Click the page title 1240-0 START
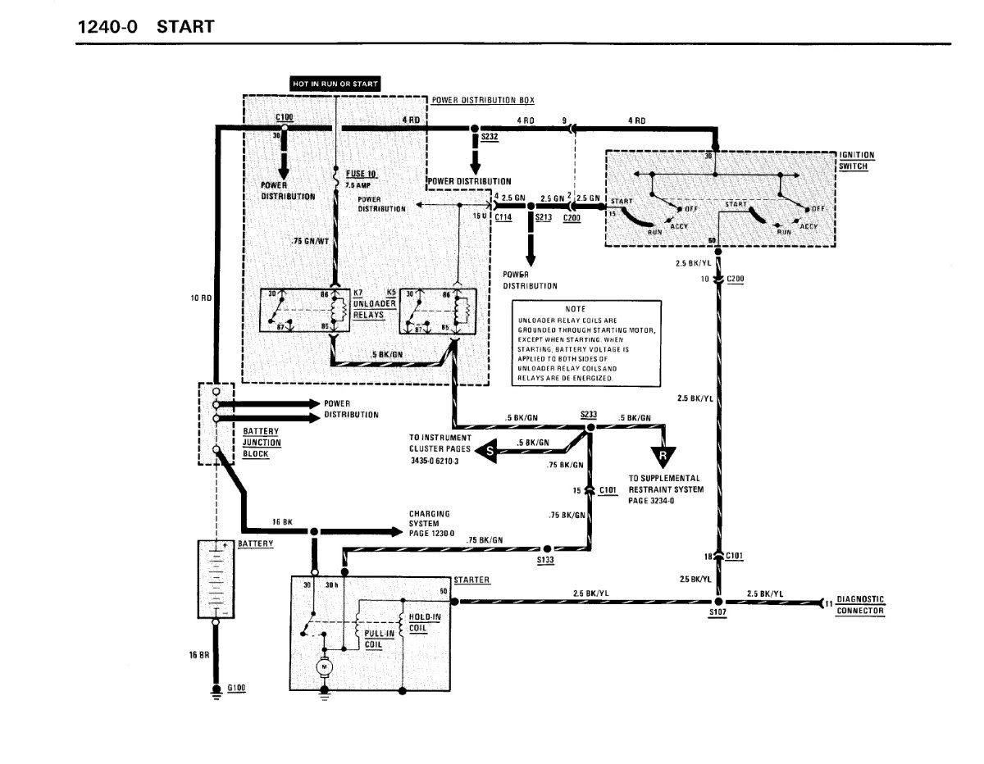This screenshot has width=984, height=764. tap(145, 26)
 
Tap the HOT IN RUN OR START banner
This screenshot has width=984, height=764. tap(335, 84)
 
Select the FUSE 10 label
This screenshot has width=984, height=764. tap(360, 174)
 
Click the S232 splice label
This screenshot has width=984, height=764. tap(490, 138)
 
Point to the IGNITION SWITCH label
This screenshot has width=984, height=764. tap(857, 159)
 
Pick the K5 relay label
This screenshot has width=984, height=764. tap(391, 293)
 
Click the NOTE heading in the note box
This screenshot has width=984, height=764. tap(575, 307)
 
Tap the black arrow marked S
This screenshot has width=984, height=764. tap(490, 452)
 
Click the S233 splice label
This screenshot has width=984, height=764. tap(588, 415)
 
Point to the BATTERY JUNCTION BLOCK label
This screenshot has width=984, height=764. tap(262, 443)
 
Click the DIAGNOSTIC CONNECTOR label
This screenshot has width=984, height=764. tap(860, 605)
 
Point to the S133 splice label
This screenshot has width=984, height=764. tap(545, 560)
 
